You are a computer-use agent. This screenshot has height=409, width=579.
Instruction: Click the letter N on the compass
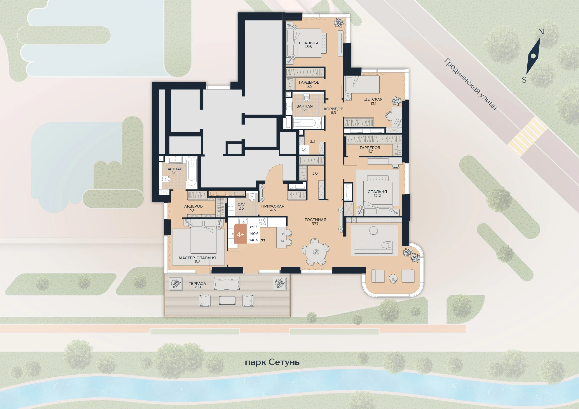coord(541,32)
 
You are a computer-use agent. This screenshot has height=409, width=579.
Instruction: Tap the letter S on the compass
coord(524,80)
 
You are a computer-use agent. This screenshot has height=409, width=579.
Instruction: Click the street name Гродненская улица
coord(470,84)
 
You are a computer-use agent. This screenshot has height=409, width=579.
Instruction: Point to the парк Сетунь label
coord(272,362)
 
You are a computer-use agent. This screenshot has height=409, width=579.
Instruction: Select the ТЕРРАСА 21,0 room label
coord(197,285)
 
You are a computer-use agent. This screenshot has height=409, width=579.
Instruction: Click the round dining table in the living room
coord(316,252)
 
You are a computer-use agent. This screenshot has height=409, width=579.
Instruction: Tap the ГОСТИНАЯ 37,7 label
coord(315,222)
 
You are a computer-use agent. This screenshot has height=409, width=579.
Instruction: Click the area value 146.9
coord(254,240)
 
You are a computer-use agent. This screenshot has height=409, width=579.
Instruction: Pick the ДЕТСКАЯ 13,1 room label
coord(373,101)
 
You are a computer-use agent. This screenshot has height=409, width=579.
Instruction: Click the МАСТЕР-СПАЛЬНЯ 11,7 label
coord(197,259)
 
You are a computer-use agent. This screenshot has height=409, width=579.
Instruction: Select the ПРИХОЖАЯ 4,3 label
coord(273,208)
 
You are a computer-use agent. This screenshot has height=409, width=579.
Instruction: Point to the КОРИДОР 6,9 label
coord(333,111)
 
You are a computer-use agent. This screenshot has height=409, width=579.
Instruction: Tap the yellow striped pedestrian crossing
coord(527,136)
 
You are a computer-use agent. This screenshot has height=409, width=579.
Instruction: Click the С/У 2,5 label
coord(241,206)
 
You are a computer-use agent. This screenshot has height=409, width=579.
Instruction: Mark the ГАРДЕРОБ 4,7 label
coord(370,150)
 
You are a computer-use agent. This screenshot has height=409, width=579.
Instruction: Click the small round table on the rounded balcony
coord(393,279)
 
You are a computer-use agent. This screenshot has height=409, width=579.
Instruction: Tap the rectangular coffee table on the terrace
coord(227,300)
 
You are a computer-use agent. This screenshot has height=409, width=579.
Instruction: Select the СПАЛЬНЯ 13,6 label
coord(308,45)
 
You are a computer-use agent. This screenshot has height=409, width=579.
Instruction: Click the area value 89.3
coord(254,227)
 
